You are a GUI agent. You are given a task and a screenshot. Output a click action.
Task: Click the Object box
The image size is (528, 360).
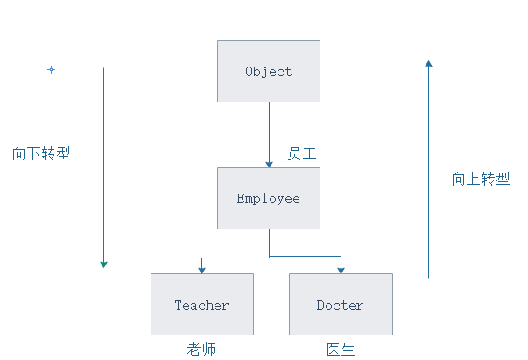click(269, 71)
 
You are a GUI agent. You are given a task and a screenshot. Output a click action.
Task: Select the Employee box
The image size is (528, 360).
click(269, 198)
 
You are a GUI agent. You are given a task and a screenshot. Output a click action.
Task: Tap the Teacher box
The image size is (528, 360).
click(202, 304)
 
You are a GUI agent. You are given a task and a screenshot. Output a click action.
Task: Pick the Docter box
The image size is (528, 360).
click(341, 304)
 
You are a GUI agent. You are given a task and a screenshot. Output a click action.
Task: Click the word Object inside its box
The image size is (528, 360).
click(269, 72)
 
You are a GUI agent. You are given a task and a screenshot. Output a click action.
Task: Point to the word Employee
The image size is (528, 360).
click(269, 199)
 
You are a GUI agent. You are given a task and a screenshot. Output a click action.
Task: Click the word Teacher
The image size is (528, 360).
click(202, 306)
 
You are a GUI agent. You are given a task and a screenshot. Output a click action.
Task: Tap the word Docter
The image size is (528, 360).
click(341, 306)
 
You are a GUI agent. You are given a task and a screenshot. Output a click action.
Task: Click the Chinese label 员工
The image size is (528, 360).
click(302, 153)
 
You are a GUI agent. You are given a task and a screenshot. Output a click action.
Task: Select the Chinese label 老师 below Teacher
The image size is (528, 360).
click(201, 349)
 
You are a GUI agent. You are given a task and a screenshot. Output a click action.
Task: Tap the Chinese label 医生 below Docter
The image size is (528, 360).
click(341, 349)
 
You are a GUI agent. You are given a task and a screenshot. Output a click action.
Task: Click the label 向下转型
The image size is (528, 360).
click(41, 152)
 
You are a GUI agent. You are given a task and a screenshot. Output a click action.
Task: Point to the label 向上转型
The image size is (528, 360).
click(481, 179)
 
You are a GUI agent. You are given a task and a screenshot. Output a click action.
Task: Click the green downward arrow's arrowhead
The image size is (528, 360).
click(103, 263)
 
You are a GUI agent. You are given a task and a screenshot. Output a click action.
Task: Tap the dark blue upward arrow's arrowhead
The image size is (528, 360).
click(428, 63)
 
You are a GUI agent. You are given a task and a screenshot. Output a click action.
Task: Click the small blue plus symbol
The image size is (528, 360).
click(51, 69)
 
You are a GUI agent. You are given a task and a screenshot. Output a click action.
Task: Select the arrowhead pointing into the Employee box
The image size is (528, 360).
click(270, 163)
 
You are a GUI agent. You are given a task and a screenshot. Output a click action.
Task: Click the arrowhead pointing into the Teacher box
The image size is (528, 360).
click(202, 269)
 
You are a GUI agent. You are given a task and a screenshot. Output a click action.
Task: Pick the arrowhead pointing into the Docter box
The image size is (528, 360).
click(341, 269)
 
